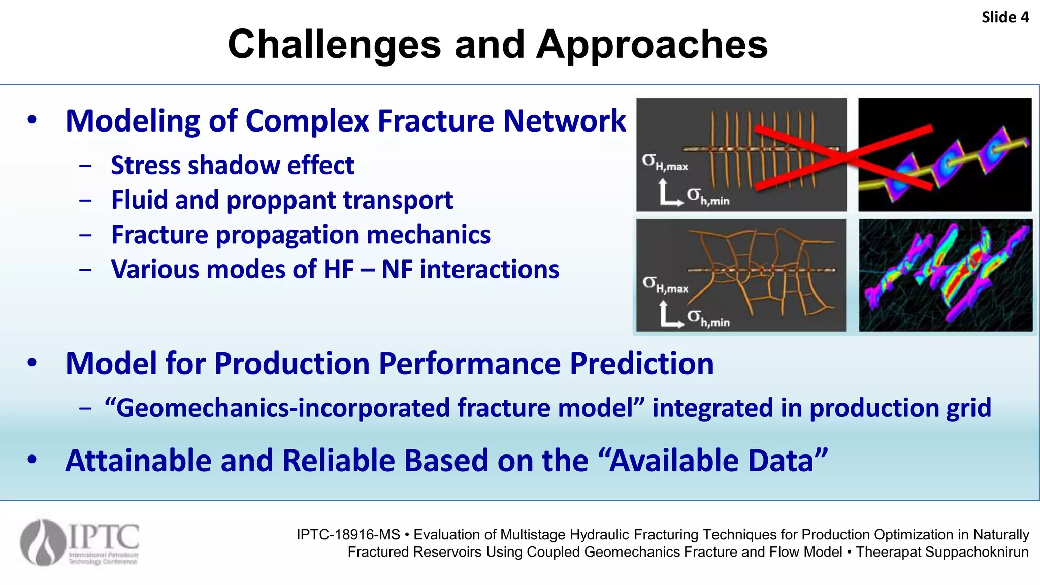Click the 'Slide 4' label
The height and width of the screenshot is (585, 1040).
click(1004, 17)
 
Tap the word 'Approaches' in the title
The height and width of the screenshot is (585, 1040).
click(652, 45)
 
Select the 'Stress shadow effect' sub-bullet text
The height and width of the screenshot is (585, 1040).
click(232, 166)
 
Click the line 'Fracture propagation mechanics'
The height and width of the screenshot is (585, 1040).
click(301, 235)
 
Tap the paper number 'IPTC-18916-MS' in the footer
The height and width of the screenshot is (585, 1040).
click(348, 535)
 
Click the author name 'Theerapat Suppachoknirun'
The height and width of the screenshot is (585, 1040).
click(942, 552)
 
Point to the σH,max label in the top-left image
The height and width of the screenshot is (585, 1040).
click(664, 162)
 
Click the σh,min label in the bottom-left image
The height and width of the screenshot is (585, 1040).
click(708, 318)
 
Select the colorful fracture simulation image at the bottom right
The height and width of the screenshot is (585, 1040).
click(945, 275)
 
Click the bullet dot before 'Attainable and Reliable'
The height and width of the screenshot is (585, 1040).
click(32, 460)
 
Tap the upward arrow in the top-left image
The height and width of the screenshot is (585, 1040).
click(663, 189)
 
